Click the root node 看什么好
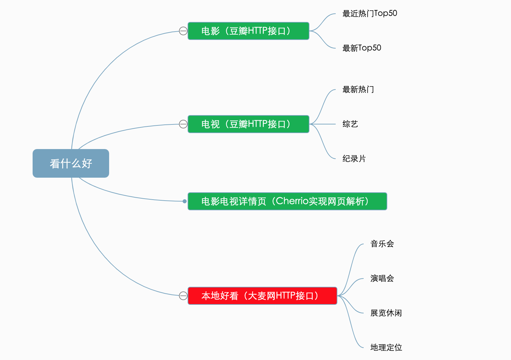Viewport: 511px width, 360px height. point(71,163)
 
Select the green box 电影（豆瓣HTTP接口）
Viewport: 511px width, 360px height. point(248,31)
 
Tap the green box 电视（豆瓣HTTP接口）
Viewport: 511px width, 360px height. point(248,124)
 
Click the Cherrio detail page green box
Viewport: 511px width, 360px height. point(287,201)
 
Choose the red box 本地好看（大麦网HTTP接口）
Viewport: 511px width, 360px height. point(262,296)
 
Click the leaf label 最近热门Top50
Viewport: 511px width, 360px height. point(370,14)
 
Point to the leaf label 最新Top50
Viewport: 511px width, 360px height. point(362,48)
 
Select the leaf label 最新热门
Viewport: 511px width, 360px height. point(358,90)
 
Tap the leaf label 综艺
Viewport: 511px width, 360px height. point(350,124)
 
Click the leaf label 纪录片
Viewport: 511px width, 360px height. point(354,159)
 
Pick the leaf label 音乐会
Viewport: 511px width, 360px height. point(382,244)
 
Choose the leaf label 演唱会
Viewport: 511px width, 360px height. point(382,278)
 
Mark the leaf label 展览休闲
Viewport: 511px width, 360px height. point(386,313)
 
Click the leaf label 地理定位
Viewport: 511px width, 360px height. point(386,348)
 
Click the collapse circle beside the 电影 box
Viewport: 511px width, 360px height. point(183,31)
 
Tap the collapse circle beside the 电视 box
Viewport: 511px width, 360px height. point(183,124)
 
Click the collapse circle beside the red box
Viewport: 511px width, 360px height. point(183,296)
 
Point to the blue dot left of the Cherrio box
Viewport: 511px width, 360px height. point(185,201)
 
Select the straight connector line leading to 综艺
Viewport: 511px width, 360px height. point(324,124)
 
